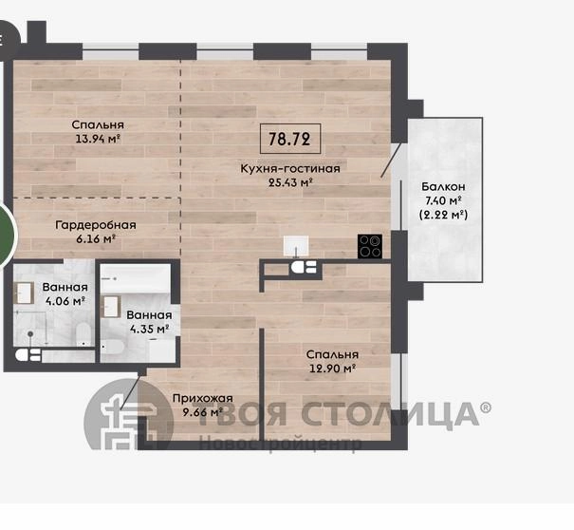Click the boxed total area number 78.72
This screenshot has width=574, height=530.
pyautogui.click(x=289, y=139)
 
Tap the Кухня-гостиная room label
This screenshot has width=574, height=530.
pyautogui.click(x=290, y=169)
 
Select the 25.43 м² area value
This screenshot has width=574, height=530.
pyautogui.click(x=290, y=182)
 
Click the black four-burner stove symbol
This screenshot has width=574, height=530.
pyautogui.click(x=370, y=246)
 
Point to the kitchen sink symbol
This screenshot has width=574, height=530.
pyautogui.click(x=296, y=246)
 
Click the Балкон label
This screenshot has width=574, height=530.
pyautogui.click(x=443, y=186)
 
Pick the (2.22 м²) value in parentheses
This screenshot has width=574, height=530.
pyautogui.click(x=443, y=215)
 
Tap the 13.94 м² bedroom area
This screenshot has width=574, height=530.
pyautogui.click(x=98, y=139)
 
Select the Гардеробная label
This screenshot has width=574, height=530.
pyautogui.click(x=96, y=225)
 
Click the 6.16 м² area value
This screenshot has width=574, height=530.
pyautogui.click(x=96, y=239)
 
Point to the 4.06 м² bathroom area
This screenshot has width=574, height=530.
pyautogui.click(x=65, y=301)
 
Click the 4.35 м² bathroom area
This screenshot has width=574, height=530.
pyautogui.click(x=149, y=329)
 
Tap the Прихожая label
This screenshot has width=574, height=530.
pyautogui.click(x=202, y=398)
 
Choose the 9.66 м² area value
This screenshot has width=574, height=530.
pyautogui.click(x=202, y=412)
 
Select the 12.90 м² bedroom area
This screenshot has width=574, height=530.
pyautogui.click(x=332, y=369)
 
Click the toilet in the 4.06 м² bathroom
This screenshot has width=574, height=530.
pyautogui.click(x=83, y=334)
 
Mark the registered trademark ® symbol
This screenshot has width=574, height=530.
pyautogui.click(x=486, y=407)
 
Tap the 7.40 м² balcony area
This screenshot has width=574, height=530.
pyautogui.click(x=443, y=200)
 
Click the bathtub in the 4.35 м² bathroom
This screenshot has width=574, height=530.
pyautogui.click(x=136, y=278)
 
